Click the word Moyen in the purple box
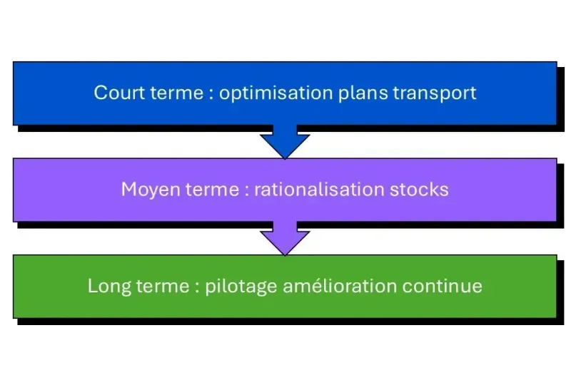point(146,190)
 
